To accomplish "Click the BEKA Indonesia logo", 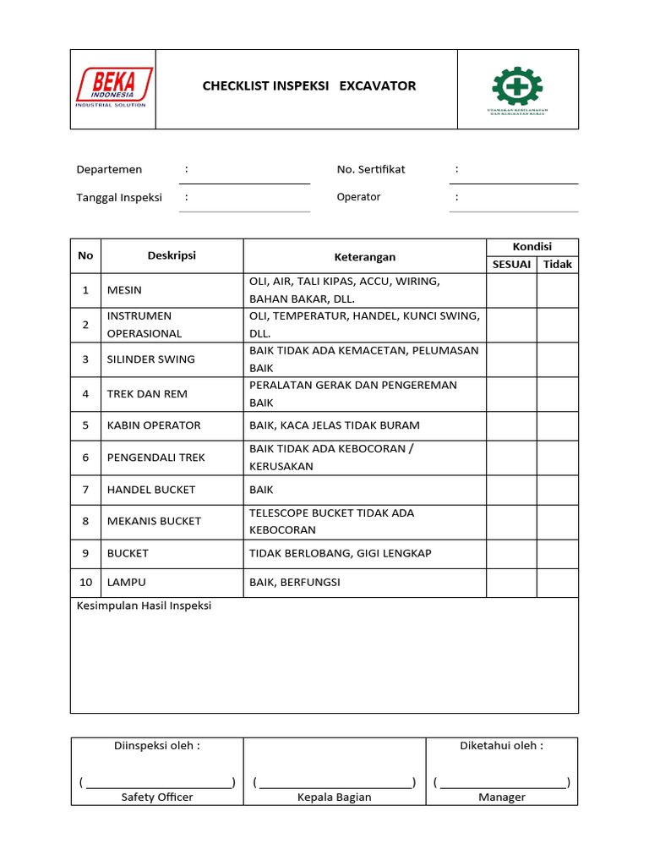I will tap(113, 88).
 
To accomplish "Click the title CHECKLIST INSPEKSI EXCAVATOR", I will tap(309, 85).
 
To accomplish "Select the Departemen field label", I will tap(109, 169).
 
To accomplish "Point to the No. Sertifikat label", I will tap(371, 169).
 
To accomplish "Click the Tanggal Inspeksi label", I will tap(119, 197).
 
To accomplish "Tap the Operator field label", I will tap(358, 197).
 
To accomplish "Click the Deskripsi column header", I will tap(172, 255).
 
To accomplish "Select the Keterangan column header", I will tap(364, 257).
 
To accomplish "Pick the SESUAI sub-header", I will tap(511, 265).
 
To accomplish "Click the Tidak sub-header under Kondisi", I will tap(557, 265).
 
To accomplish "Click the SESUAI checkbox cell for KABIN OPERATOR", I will tap(511, 425).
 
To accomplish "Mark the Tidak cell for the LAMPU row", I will tap(557, 583).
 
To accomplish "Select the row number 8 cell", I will tap(85, 521).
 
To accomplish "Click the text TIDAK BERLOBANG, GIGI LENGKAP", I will tap(341, 553).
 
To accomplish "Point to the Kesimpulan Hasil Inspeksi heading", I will tap(144, 606).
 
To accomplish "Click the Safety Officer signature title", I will tap(157, 797).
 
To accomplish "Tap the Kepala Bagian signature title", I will tap(334, 797).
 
